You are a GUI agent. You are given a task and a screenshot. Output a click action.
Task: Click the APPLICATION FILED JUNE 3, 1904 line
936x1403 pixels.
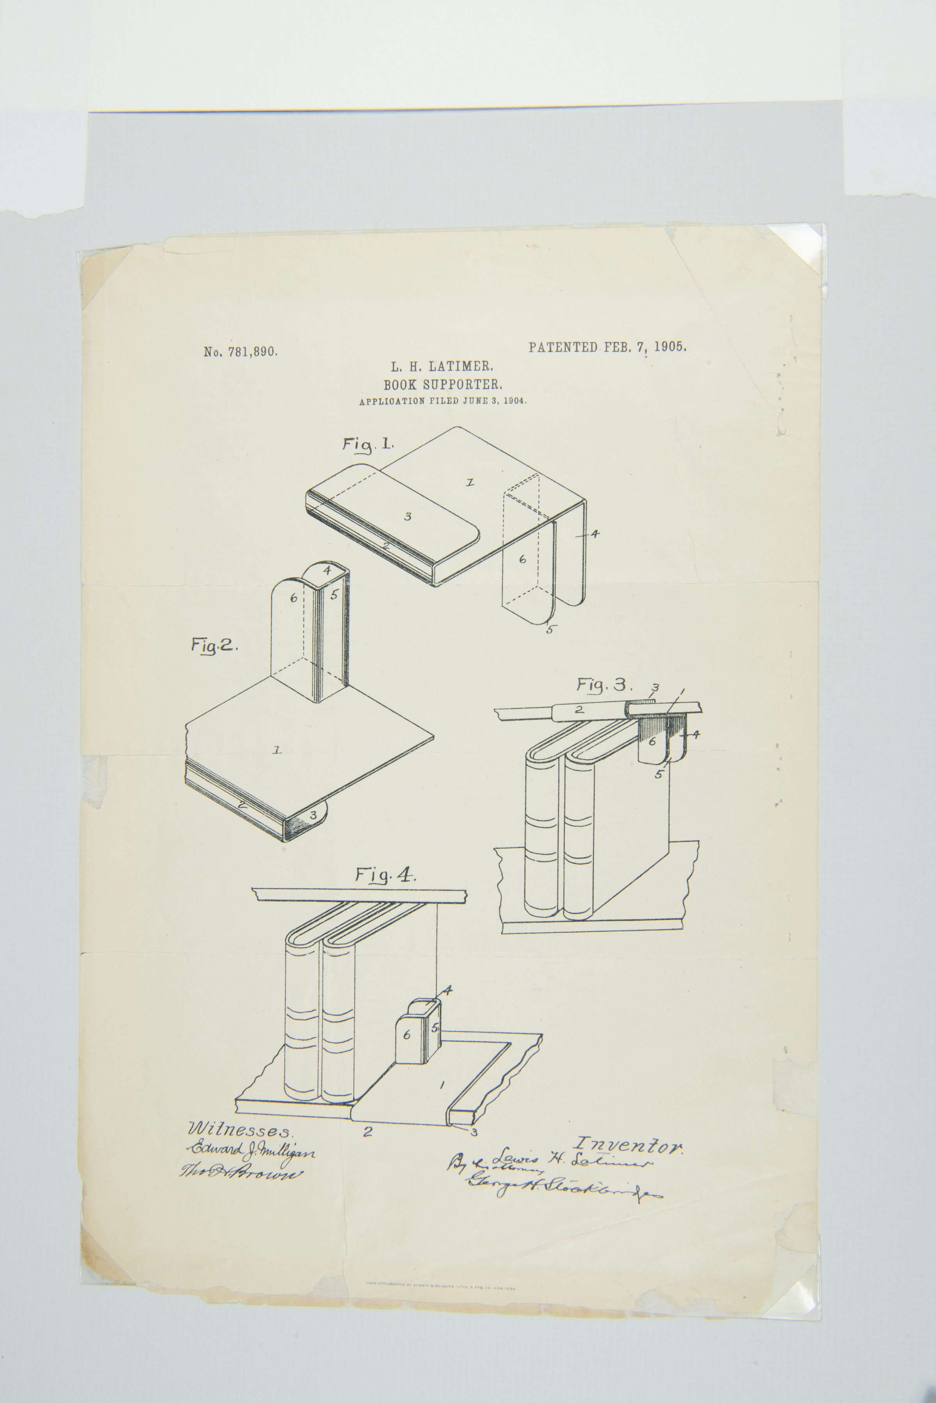click(442, 401)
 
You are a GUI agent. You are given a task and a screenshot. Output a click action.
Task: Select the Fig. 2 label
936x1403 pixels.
click(214, 645)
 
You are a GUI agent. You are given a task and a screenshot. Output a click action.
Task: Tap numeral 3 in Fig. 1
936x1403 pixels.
click(408, 517)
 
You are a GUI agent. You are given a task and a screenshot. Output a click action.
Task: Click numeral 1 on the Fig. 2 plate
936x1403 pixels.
click(277, 750)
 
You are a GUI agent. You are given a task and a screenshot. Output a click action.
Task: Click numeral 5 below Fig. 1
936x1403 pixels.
click(549, 629)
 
